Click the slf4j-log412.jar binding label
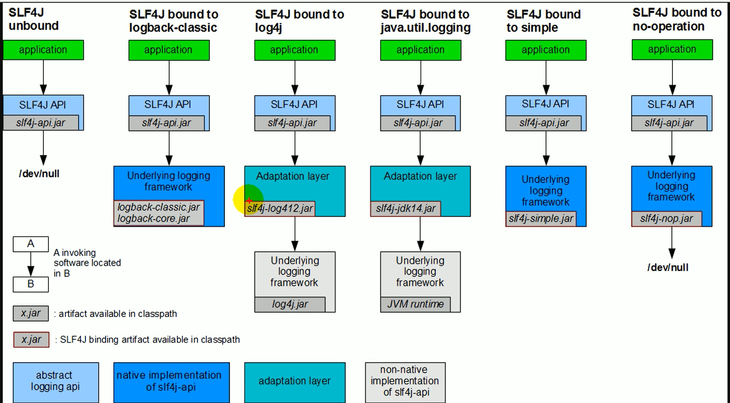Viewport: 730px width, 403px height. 280,209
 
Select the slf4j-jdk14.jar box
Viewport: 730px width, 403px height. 405,209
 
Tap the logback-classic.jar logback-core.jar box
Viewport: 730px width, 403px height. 159,213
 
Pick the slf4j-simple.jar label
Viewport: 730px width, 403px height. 541,219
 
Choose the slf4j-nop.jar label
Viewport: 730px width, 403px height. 666,219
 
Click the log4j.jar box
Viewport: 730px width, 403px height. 290,305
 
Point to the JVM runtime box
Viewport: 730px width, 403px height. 416,305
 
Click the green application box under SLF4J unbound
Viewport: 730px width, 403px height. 43,50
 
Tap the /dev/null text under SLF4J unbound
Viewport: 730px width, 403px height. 39,174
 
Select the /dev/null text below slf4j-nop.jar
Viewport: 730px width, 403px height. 668,268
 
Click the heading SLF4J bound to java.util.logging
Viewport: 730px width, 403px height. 425,21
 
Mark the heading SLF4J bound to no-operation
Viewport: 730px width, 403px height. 677,19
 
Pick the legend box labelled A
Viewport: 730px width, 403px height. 31,244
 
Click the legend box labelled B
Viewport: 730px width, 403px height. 31,285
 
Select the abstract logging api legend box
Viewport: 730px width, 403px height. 56,382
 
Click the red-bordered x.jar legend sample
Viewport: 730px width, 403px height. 31,340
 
